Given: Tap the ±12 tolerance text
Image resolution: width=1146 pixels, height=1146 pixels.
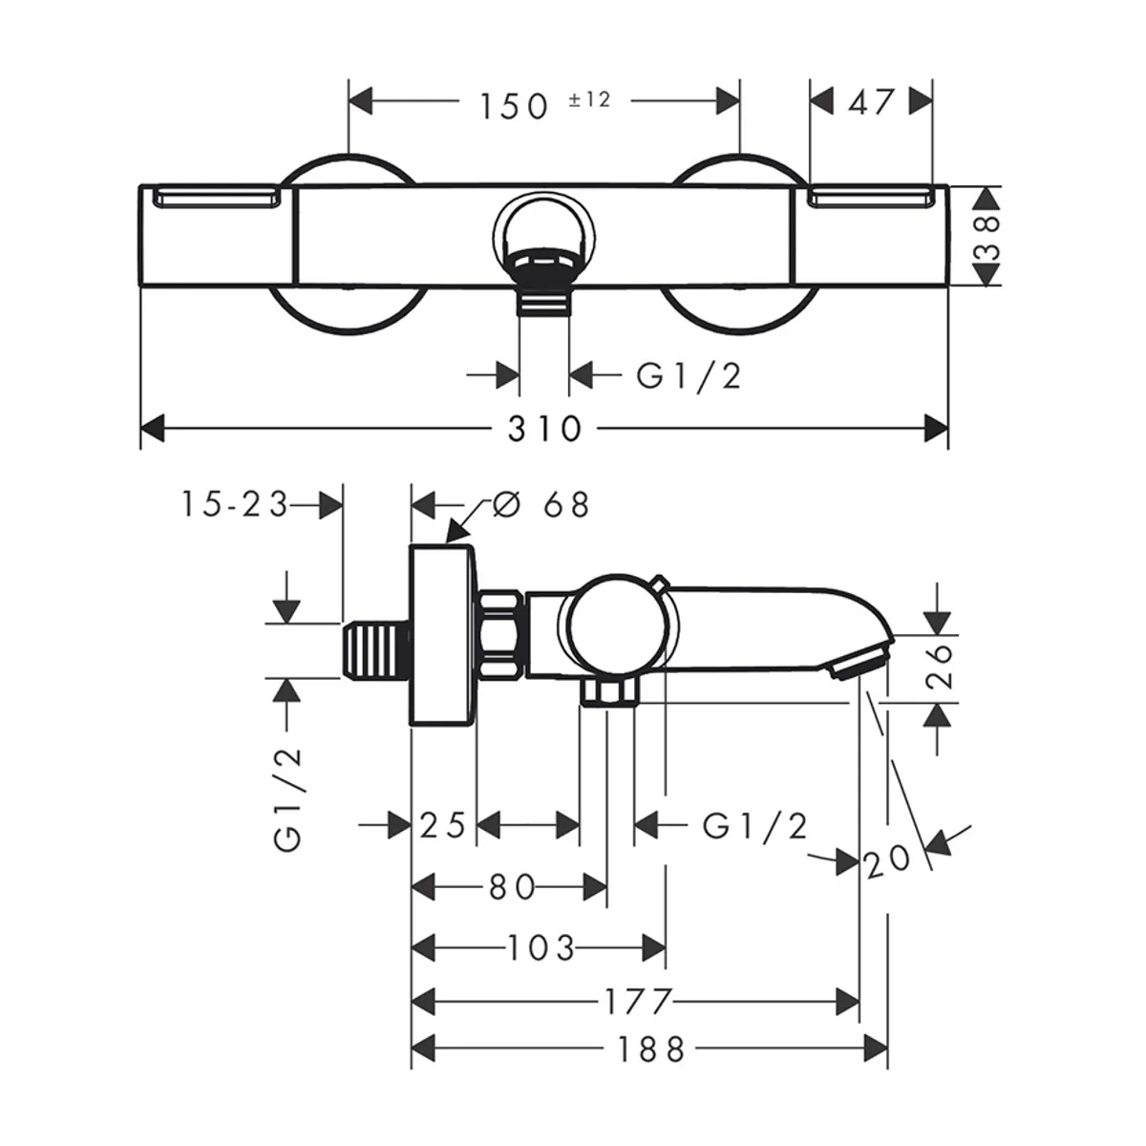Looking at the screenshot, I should (x=589, y=98).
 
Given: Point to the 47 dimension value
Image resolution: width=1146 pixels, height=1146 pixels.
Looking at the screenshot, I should (x=871, y=101).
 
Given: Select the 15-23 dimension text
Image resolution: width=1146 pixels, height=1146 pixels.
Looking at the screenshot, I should (x=234, y=503).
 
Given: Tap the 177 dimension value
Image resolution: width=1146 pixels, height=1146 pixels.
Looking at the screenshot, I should (x=639, y=1001).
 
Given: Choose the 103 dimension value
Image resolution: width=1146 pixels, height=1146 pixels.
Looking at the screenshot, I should (x=541, y=947).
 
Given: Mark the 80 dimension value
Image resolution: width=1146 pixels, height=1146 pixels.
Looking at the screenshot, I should (x=512, y=887).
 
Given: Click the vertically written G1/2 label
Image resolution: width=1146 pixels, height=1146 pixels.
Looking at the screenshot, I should (x=288, y=797).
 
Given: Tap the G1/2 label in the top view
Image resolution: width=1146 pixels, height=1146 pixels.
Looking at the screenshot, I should (x=689, y=375).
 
